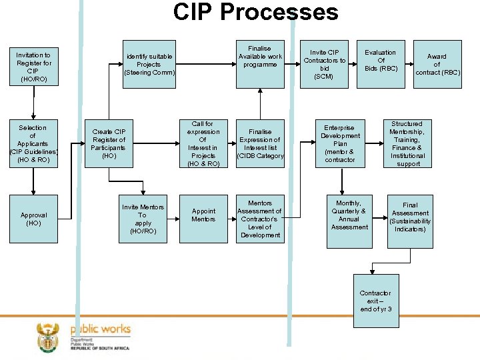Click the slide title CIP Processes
click(x=255, y=13)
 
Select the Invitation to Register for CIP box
click(x=33, y=67)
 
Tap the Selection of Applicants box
click(x=33, y=144)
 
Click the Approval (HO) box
click(x=33, y=219)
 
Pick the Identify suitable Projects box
click(x=149, y=65)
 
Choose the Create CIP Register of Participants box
click(x=109, y=144)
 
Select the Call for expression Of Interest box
click(x=203, y=144)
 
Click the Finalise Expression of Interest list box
click(x=260, y=144)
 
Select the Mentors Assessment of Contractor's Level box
click(x=260, y=219)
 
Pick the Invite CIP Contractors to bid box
click(x=325, y=64)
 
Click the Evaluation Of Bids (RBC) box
click(x=381, y=64)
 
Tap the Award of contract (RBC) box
click(x=437, y=64)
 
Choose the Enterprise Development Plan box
click(x=340, y=144)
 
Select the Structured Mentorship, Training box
click(x=407, y=144)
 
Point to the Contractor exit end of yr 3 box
click(x=375, y=301)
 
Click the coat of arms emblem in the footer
click(x=48, y=337)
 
